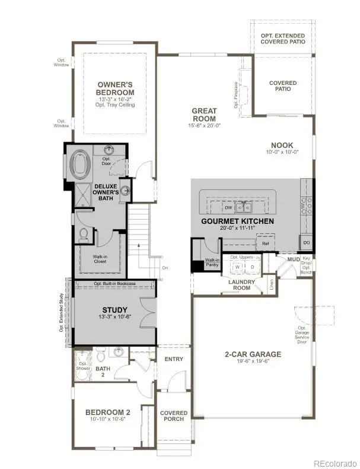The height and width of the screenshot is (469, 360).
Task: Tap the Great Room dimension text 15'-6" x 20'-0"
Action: (203, 126)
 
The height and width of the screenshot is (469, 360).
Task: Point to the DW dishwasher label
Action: (228, 208)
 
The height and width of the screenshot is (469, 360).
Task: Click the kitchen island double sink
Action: (243, 207)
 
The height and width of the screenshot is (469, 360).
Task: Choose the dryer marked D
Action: (251, 267)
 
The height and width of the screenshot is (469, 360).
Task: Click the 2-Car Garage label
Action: (252, 354)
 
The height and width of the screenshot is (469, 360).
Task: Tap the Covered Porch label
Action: (174, 416)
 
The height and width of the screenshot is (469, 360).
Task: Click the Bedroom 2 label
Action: (107, 412)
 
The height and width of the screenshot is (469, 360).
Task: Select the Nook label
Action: (282, 145)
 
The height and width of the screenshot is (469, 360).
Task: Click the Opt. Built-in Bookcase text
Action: (114, 284)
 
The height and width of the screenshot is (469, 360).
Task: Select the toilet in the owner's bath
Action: (82, 235)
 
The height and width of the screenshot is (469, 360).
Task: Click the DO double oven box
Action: (306, 243)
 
